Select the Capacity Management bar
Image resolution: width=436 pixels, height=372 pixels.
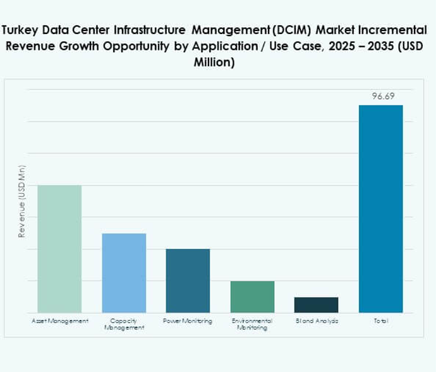[x=124, y=273]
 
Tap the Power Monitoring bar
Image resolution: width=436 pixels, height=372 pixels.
[x=188, y=280]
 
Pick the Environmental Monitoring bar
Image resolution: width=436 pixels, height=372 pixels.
[x=252, y=296]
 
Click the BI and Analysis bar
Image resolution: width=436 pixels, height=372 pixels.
[x=316, y=304]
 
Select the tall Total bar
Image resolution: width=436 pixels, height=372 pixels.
[x=380, y=208]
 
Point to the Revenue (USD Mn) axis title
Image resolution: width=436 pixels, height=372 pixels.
[x=21, y=201]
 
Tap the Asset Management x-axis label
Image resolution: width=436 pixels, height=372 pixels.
[x=59, y=321]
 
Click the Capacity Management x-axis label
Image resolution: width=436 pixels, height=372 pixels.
[x=124, y=324]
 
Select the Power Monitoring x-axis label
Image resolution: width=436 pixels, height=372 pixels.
[x=188, y=321]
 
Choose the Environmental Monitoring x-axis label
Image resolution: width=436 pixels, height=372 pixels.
[x=252, y=324]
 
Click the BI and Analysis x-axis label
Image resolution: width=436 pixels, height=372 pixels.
[x=317, y=321]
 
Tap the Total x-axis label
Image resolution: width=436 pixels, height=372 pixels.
[x=380, y=321]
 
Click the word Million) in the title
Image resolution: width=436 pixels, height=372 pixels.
[x=214, y=63]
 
